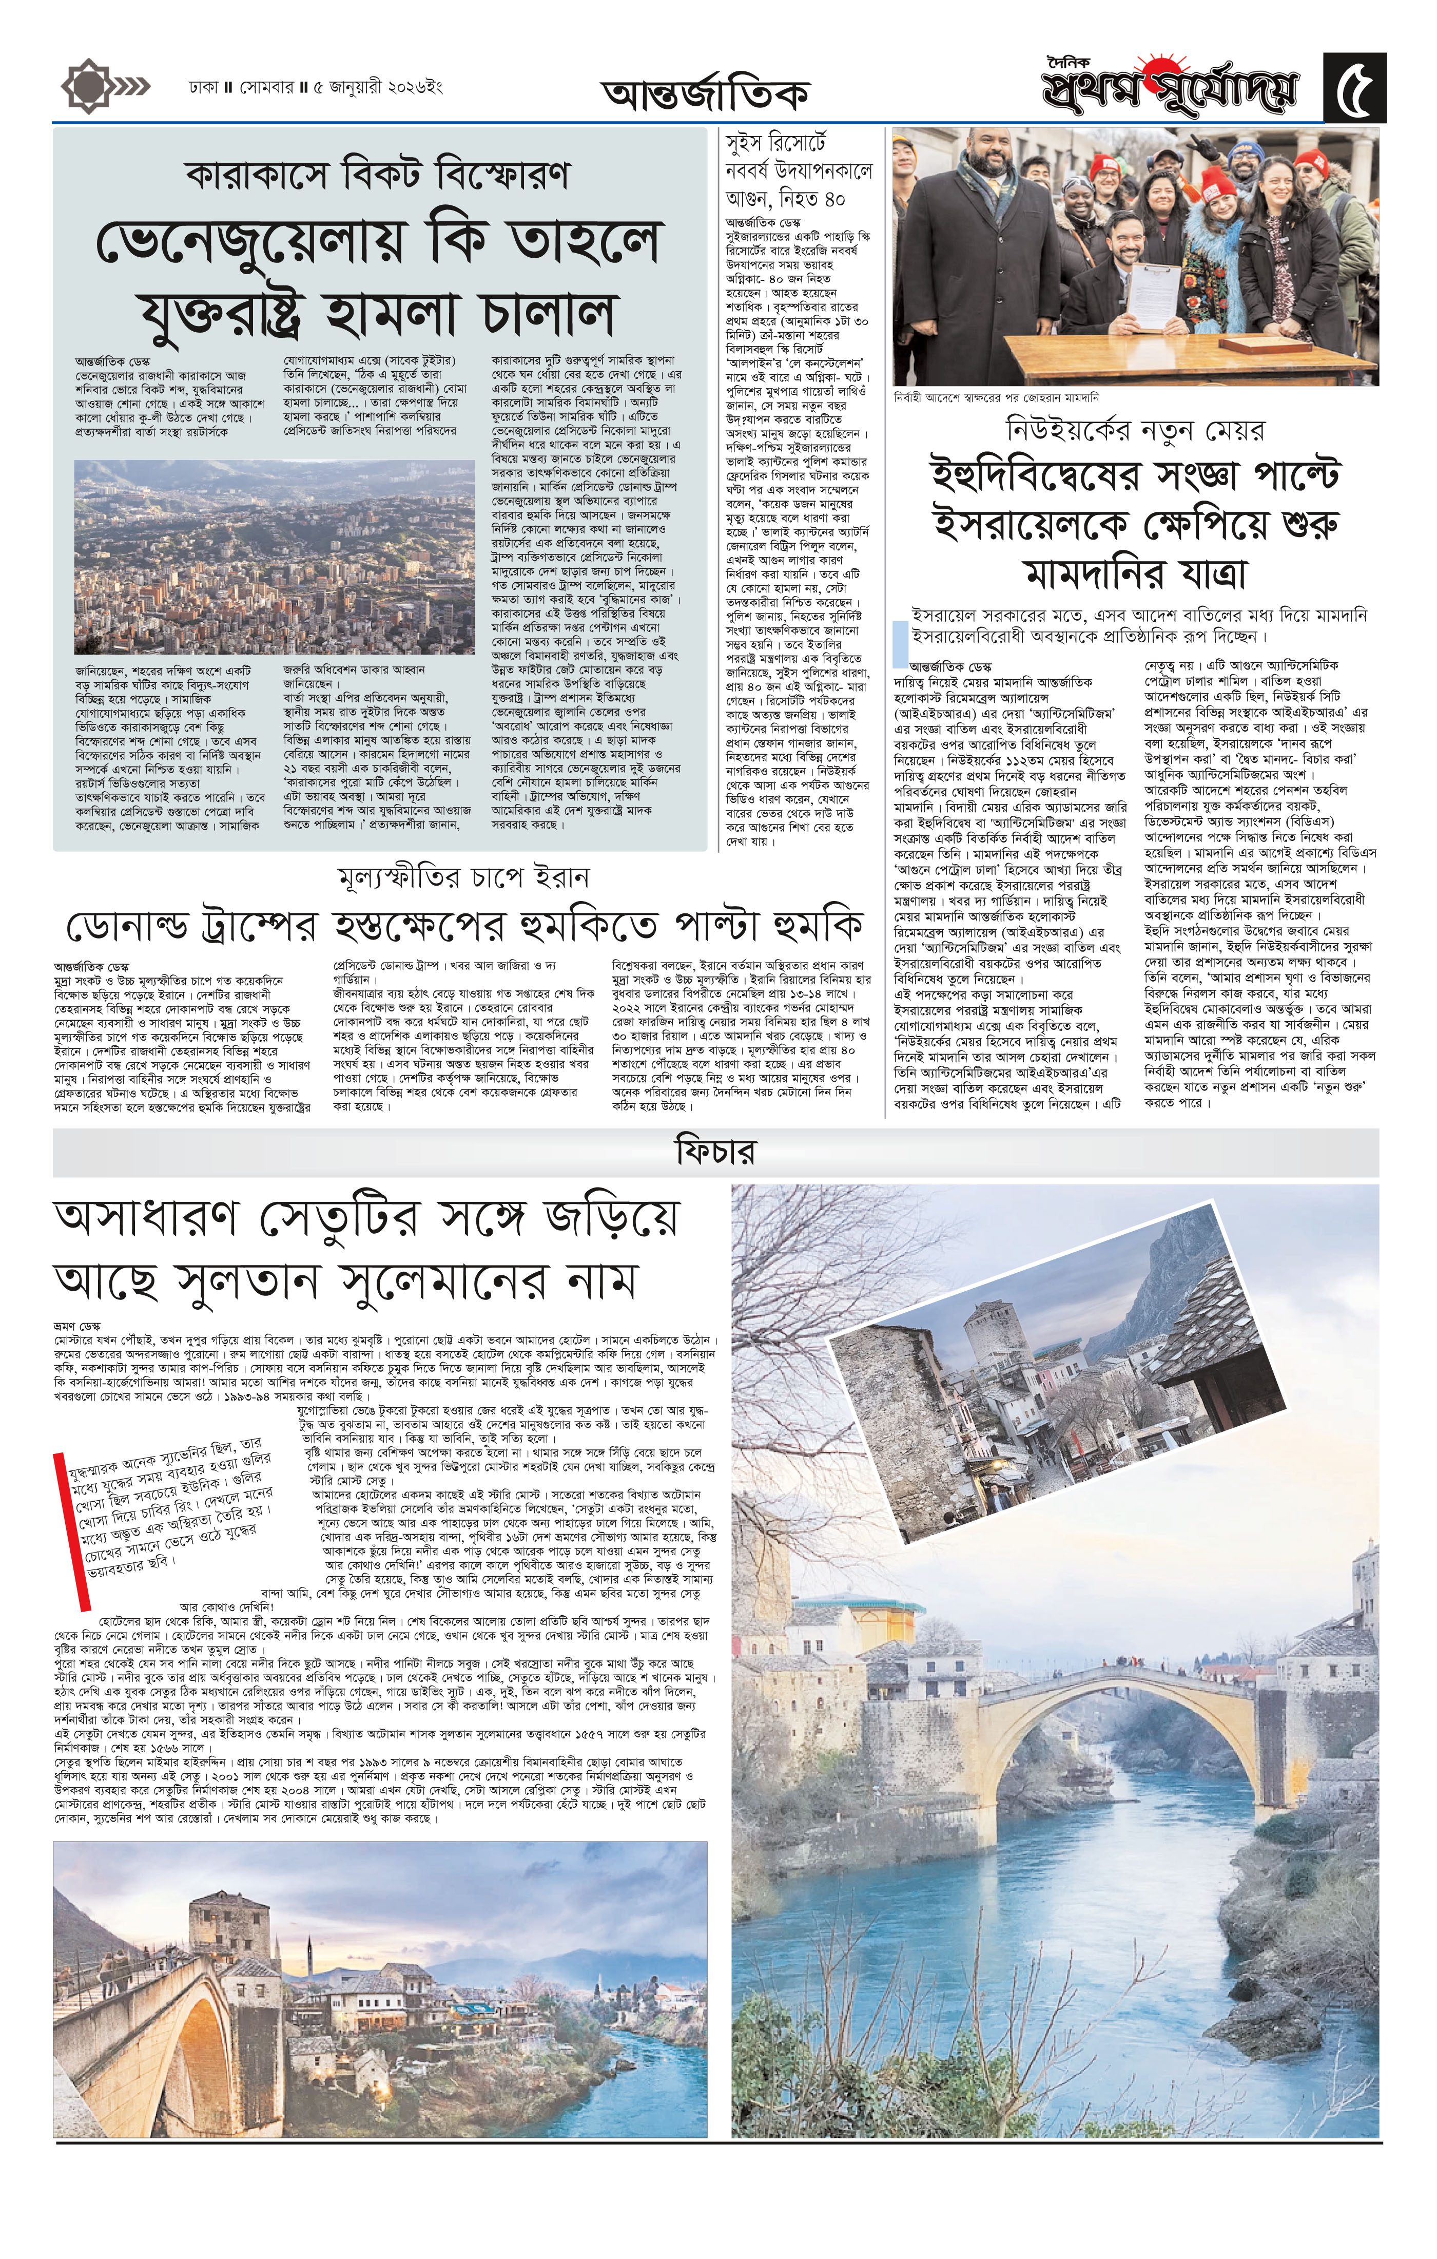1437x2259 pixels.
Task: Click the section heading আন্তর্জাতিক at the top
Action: click(x=705, y=94)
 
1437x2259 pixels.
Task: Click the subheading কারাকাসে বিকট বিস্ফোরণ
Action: click(x=378, y=175)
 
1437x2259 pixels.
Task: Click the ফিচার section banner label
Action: click(x=715, y=1152)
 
